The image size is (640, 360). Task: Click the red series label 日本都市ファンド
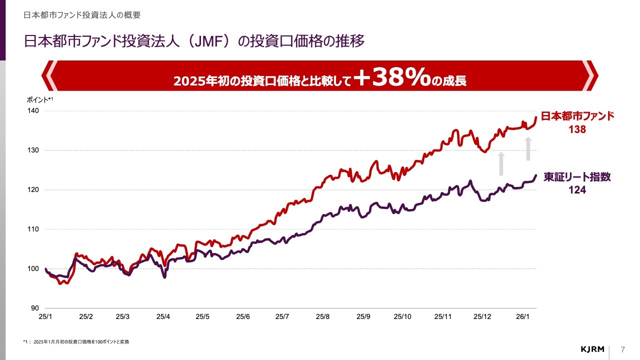(577, 116)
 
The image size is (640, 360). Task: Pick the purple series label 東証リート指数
(577, 177)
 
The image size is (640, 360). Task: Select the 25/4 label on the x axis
(163, 316)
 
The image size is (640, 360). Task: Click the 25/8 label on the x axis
(322, 316)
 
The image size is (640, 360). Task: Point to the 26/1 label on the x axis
(522, 316)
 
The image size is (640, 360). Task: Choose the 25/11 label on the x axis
(442, 316)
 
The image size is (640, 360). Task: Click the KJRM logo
(593, 348)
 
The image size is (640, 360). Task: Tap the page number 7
(622, 348)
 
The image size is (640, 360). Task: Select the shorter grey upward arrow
(501, 164)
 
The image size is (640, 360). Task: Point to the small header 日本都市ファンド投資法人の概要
(82, 15)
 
